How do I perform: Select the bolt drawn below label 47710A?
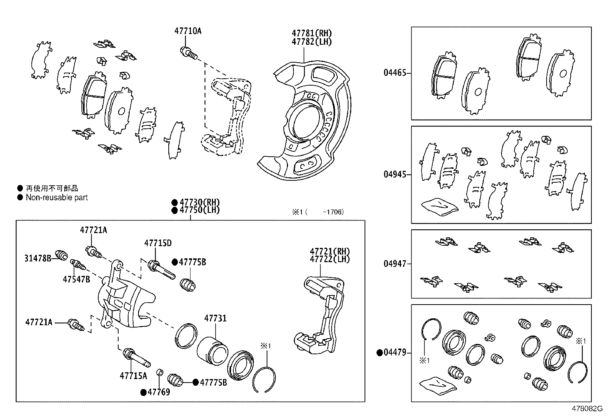[188, 53]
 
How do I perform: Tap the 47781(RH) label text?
[312, 33]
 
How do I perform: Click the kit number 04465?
[395, 73]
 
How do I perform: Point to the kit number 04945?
[395, 174]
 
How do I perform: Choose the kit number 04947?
[395, 264]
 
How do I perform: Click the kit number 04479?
[395, 353]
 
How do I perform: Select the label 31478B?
[38, 258]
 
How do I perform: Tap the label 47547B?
[77, 279]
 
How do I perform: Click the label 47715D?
[158, 243]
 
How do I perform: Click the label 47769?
[159, 392]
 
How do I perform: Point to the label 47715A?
[133, 376]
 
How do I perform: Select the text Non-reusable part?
[57, 198]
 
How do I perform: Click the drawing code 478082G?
[586, 409]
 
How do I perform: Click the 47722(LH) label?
[330, 259]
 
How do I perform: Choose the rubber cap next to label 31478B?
[61, 255]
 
